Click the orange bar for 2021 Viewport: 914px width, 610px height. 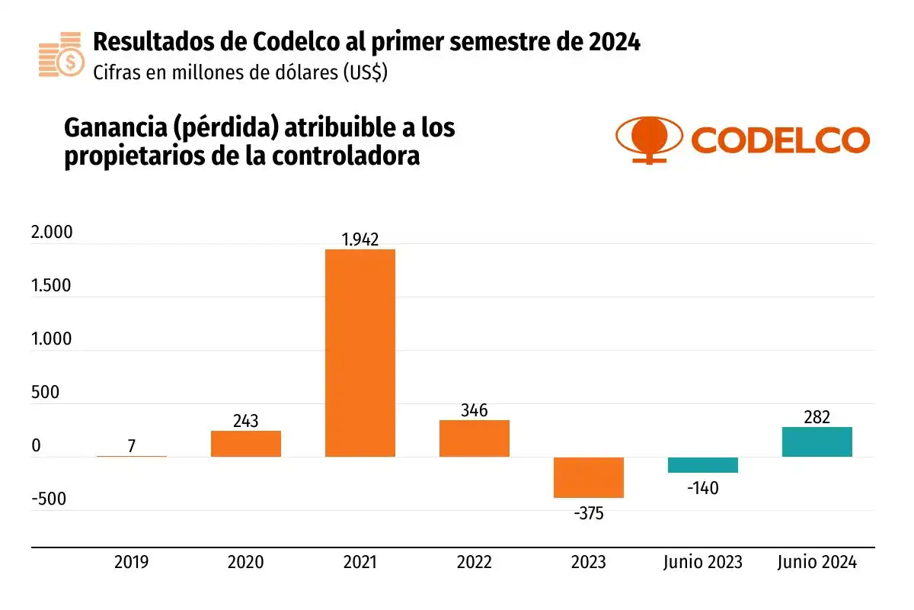pyautogui.click(x=360, y=353)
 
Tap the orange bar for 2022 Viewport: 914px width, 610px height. pyautogui.click(x=474, y=438)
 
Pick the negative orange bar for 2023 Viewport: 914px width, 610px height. pyautogui.click(x=588, y=477)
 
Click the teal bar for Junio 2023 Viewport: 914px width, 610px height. pyautogui.click(x=702, y=465)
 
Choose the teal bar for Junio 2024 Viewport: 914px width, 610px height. pyautogui.click(x=817, y=442)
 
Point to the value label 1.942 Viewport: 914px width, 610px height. pyautogui.click(x=360, y=239)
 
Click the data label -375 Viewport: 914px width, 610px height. pyautogui.click(x=588, y=513)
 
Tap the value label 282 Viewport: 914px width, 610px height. pyautogui.click(x=817, y=417)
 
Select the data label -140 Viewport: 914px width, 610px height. pyautogui.click(x=702, y=488)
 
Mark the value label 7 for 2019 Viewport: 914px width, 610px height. pyautogui.click(x=132, y=446)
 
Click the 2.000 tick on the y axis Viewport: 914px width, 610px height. pyautogui.click(x=53, y=233)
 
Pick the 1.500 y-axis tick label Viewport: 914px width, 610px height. pyautogui.click(x=53, y=287)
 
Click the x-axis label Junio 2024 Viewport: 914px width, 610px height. pyautogui.click(x=817, y=563)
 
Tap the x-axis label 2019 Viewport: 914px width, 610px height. pyautogui.click(x=132, y=563)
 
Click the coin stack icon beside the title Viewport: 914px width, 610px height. pyautogui.click(x=59, y=55)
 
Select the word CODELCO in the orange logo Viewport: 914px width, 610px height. pyautogui.click(x=780, y=140)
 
